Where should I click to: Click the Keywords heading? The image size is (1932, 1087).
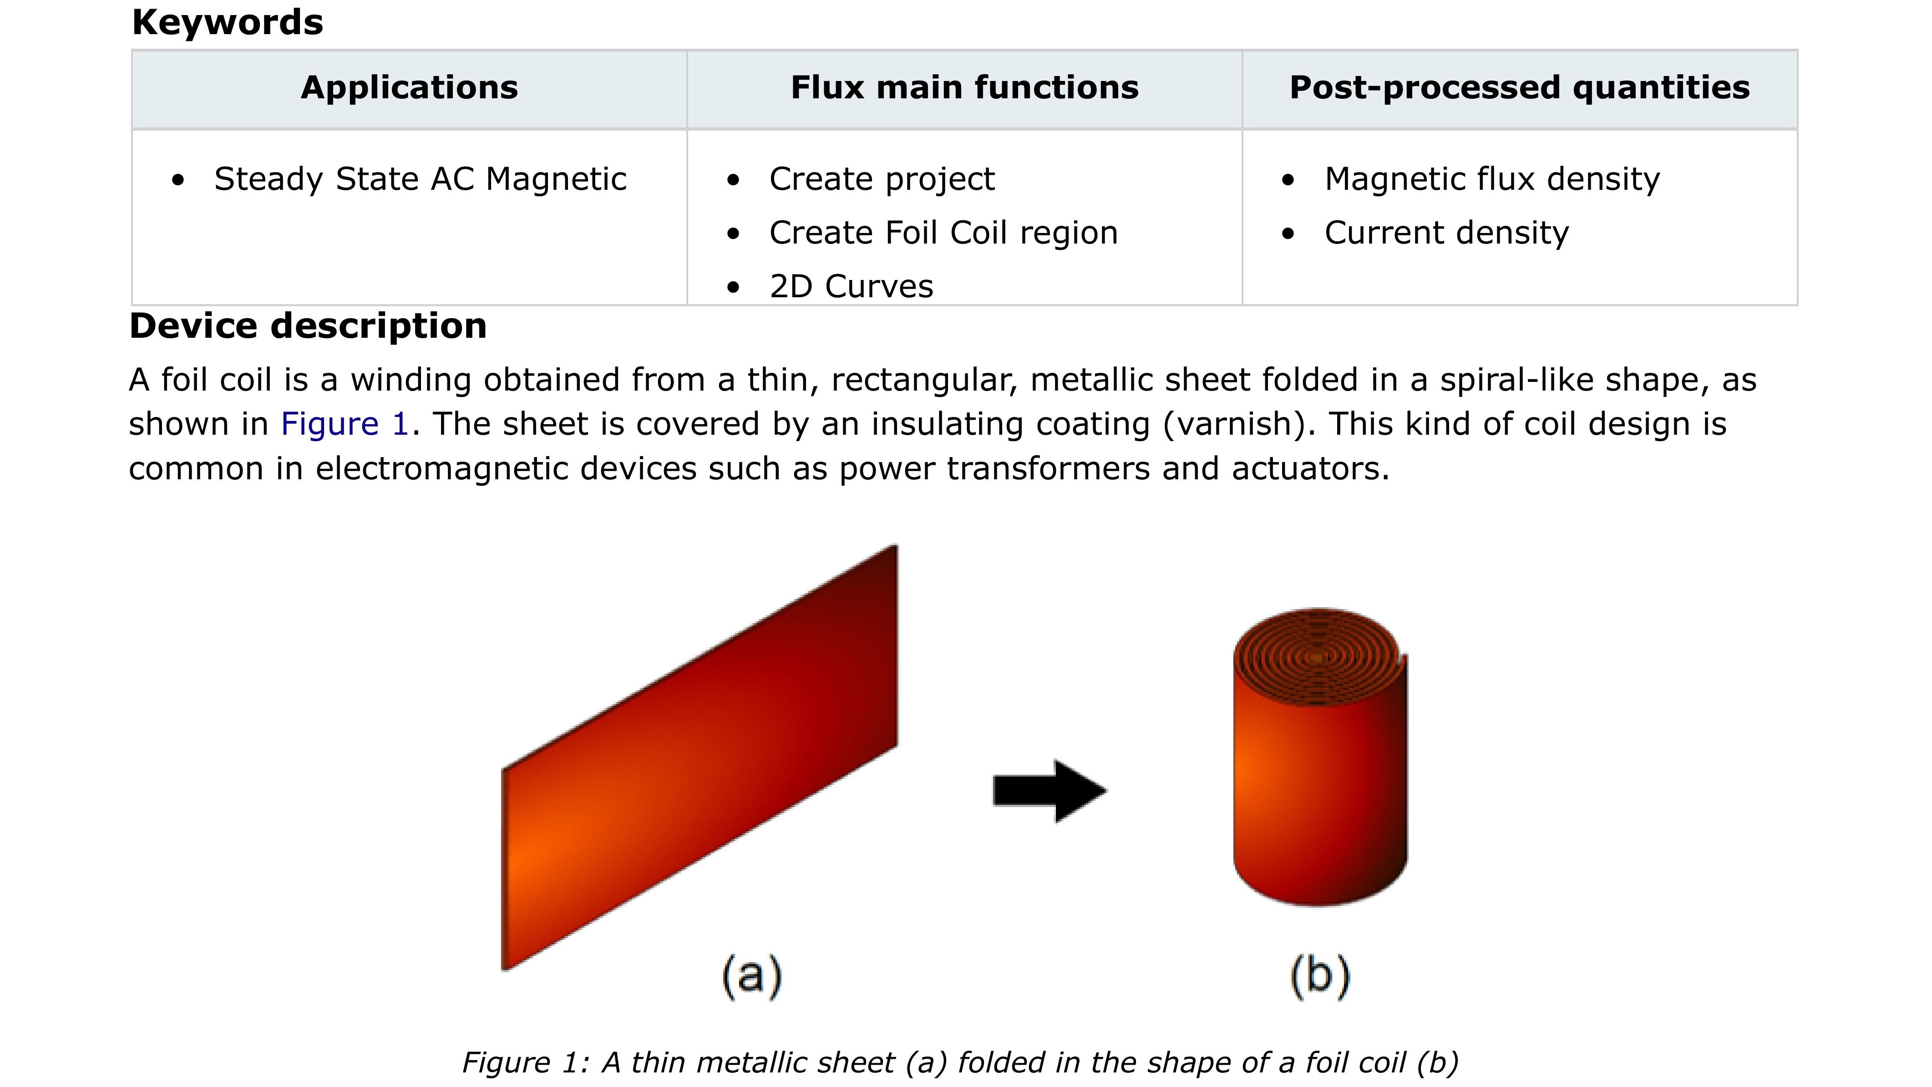click(x=227, y=22)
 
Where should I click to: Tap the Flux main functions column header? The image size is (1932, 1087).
click(x=964, y=88)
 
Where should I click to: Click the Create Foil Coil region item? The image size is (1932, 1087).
click(x=943, y=233)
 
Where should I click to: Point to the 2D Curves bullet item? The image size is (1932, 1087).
click(x=851, y=287)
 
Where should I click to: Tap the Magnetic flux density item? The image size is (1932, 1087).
click(x=1492, y=179)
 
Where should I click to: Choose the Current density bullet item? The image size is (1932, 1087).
click(x=1446, y=233)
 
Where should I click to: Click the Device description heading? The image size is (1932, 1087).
click(x=308, y=326)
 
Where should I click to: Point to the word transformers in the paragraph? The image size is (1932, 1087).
click(x=1048, y=469)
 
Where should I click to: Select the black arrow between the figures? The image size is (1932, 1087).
click(x=1049, y=791)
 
